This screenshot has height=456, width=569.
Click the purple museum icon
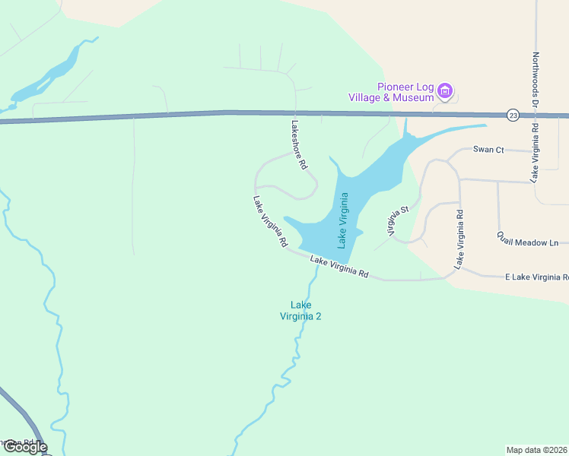446,93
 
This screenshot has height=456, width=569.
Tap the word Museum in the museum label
415,97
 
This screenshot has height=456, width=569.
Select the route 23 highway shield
513,115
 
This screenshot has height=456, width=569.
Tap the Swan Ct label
488,150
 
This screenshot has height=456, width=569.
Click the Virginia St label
399,220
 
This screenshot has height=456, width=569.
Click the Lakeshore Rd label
299,144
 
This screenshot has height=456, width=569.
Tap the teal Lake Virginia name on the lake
343,220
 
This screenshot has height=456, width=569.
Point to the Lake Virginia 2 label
300,311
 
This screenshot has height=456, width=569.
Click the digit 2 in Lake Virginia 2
319,316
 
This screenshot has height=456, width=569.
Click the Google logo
24,447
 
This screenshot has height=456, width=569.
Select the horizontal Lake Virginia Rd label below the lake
339,268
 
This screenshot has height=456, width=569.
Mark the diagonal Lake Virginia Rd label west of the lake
270,222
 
